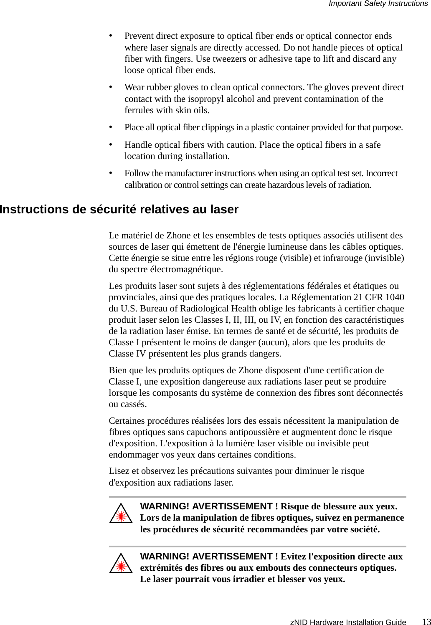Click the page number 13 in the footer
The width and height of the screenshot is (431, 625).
tap(426, 621)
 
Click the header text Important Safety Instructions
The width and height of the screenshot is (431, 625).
tap(378, 4)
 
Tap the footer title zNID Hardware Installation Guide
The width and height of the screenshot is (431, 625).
tap(348, 622)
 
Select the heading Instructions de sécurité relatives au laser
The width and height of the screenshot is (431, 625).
tap(119, 209)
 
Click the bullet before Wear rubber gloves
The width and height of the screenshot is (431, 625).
tap(111, 87)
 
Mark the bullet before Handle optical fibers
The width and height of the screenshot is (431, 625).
tap(111, 144)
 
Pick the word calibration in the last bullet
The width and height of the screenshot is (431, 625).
tap(142, 185)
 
